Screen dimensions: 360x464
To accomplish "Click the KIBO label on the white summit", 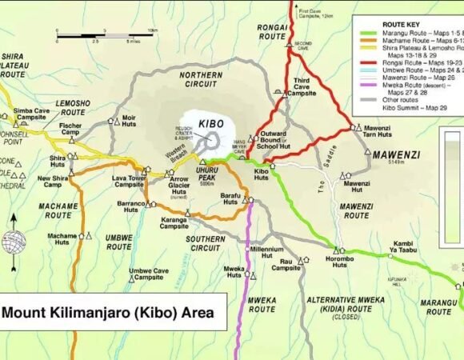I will point(210,124).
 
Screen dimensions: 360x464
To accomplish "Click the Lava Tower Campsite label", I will point(129,181).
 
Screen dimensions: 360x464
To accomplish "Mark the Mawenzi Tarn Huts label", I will point(377,131).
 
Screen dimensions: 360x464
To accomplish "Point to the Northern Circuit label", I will point(200,79).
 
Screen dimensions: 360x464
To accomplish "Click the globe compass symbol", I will point(14,241).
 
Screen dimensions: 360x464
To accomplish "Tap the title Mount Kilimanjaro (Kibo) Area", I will point(108,313).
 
